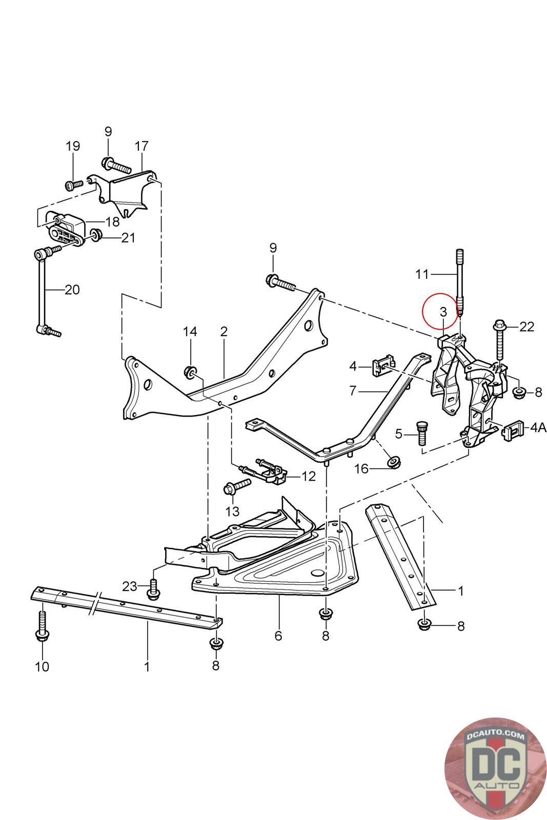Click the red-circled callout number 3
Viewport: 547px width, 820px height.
(x=443, y=311)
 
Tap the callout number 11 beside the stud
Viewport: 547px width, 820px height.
(x=421, y=274)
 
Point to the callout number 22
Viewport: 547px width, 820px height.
(x=526, y=326)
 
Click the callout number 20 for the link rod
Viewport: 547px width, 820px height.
(x=72, y=290)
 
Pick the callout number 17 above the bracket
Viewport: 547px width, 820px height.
(x=141, y=146)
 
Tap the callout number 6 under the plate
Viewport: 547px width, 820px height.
(x=278, y=636)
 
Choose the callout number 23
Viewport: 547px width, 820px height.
(x=130, y=585)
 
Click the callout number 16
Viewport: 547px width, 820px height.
(x=361, y=468)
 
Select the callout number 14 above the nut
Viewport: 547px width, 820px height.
(x=190, y=332)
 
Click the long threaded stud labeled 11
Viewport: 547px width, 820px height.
(x=460, y=282)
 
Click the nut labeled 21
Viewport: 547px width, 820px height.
(x=96, y=235)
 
